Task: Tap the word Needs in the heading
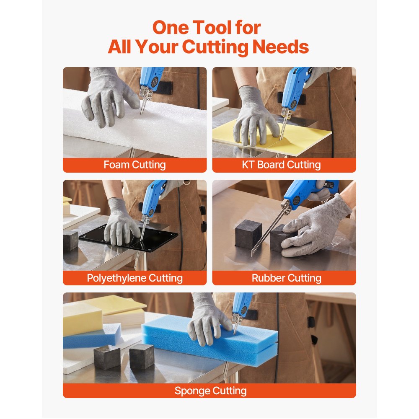pos(281,47)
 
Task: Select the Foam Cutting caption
pos(134,165)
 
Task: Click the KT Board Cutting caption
pos(281,165)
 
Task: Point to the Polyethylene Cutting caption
pos(134,278)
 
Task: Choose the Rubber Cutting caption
pos(287,278)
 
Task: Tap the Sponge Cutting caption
pos(211,391)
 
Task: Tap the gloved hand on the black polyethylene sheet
pos(122,222)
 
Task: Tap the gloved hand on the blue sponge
pos(208,321)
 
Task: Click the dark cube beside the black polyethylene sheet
pos(70,240)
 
